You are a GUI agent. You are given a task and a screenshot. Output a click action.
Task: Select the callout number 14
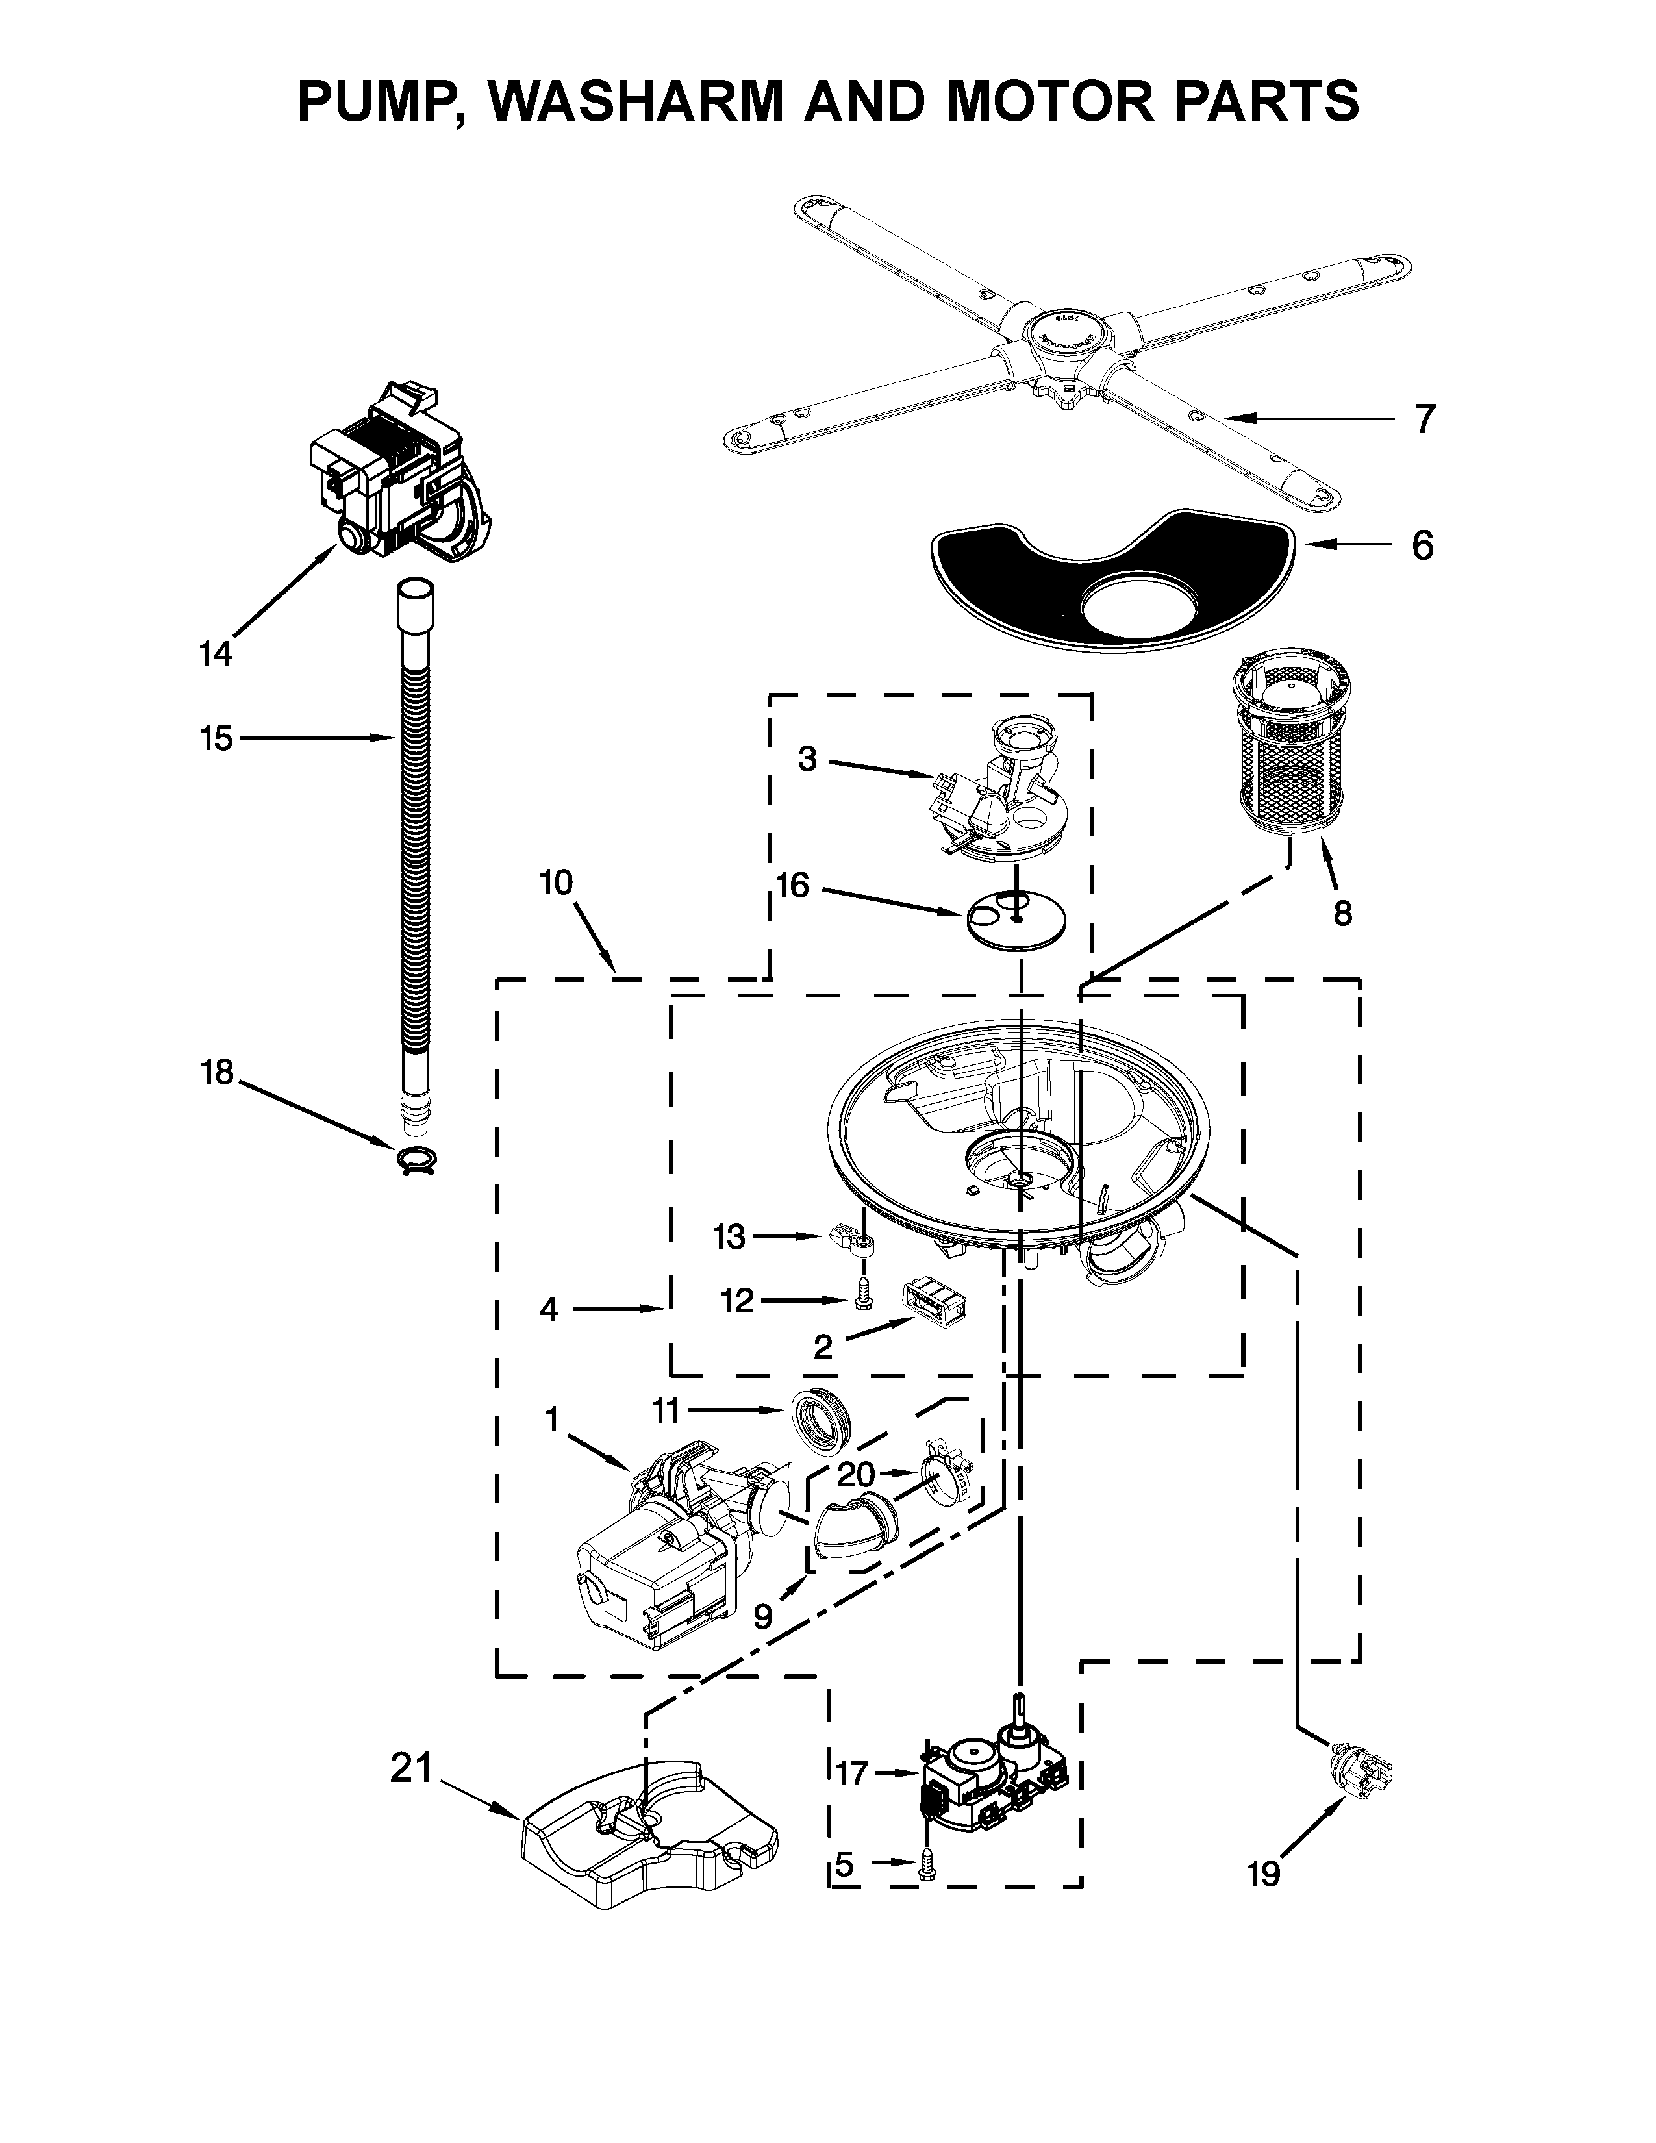pos(216,653)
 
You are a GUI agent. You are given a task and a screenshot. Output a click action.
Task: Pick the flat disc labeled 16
pos(1016,914)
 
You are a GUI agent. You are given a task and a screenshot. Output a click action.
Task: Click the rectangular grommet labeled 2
pos(933,1303)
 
